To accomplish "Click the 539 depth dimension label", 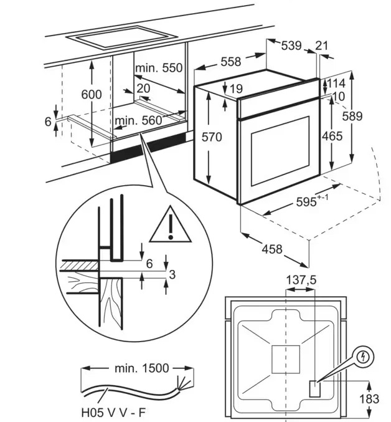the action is click(291, 46).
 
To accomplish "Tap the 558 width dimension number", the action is click(231, 62).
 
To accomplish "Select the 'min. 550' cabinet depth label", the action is click(159, 68).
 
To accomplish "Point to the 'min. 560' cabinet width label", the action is click(138, 120).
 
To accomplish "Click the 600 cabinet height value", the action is click(92, 95).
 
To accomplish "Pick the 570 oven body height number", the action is click(212, 137).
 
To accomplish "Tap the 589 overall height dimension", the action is click(352, 116).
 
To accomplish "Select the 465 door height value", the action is click(332, 136).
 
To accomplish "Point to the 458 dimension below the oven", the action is click(272, 249).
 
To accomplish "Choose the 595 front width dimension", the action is click(312, 201).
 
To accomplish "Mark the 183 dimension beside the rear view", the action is click(369, 398).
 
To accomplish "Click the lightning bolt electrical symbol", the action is click(364, 357).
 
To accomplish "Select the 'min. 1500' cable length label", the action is click(141, 368).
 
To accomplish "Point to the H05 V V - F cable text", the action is click(113, 412).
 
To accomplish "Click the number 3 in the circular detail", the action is click(172, 274).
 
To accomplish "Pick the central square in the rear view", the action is click(286, 359).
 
